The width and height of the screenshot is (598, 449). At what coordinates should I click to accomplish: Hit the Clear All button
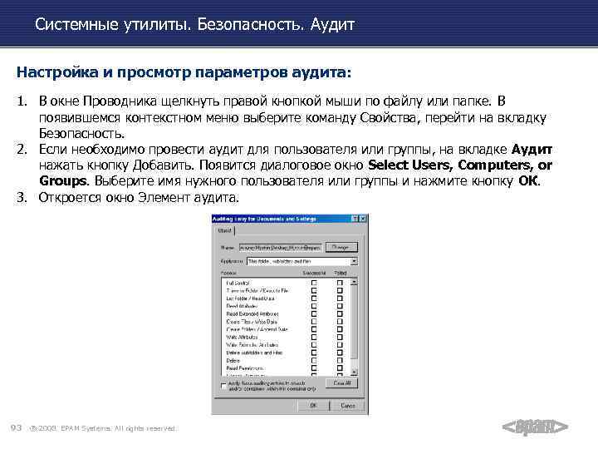[x=341, y=383]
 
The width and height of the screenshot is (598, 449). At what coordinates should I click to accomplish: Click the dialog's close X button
[x=360, y=219]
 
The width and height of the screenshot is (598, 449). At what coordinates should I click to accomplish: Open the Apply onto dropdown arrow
[x=354, y=260]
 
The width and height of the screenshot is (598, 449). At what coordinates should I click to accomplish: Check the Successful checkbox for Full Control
[x=313, y=283]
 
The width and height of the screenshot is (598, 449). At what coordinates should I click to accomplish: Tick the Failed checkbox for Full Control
[x=341, y=283]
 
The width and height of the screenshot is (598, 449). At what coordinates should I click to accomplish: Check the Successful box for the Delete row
[x=313, y=360]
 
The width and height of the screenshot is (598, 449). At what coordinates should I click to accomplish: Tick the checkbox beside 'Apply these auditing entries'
[x=223, y=385]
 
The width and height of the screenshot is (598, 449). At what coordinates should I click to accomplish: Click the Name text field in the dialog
[x=279, y=247]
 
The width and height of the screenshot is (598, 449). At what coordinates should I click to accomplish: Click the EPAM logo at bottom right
[x=536, y=427]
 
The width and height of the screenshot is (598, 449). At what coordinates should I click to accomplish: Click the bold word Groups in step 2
[x=64, y=180]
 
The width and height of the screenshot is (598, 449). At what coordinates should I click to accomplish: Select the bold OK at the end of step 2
[x=528, y=180]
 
